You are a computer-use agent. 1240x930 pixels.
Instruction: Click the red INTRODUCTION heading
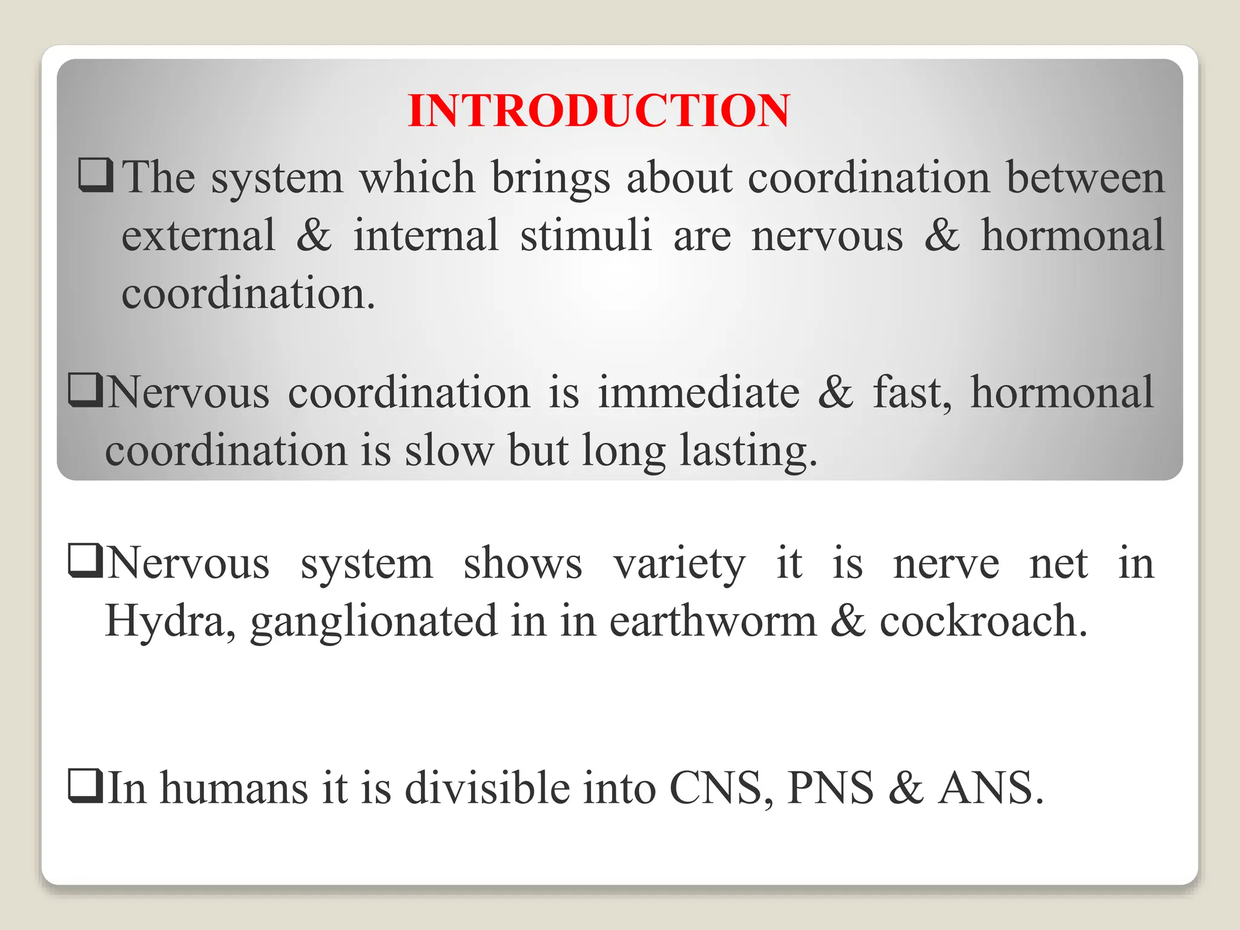(599, 111)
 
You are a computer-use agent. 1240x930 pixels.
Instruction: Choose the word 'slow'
(449, 450)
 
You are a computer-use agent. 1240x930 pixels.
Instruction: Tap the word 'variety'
(679, 564)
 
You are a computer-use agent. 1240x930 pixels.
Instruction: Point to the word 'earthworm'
(713, 621)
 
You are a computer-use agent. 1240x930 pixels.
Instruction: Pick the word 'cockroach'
(983, 621)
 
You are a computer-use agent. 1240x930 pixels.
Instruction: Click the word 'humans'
(234, 788)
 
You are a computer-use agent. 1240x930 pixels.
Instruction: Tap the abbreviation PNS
(830, 788)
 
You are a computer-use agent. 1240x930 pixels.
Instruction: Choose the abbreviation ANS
(990, 788)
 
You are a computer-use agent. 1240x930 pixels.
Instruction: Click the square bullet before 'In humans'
(85, 785)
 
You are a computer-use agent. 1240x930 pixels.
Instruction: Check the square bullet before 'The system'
(96, 175)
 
